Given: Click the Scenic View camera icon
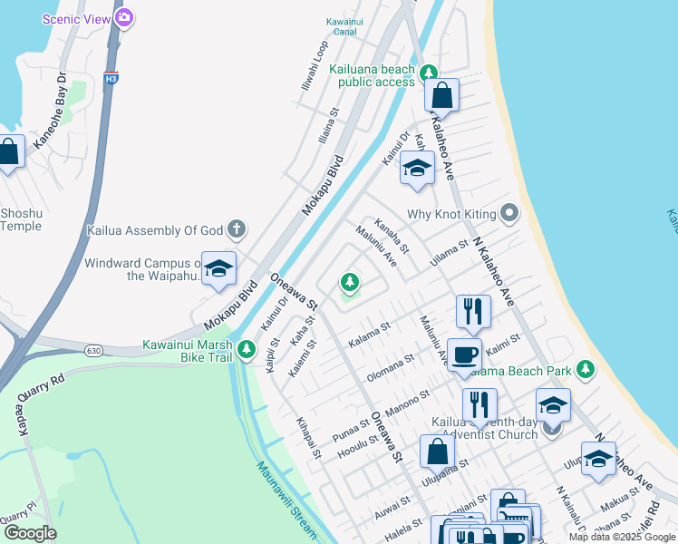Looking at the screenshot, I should [124, 17].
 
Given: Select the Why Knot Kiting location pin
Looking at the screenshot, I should [509, 214].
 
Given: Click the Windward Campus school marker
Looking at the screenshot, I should [218, 269].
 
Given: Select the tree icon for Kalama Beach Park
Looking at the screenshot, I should [586, 369].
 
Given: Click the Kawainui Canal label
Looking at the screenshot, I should [350, 28].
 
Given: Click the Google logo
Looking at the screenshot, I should [30, 532].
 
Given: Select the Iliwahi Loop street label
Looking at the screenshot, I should [313, 66].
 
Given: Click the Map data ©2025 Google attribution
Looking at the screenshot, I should [621, 537].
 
